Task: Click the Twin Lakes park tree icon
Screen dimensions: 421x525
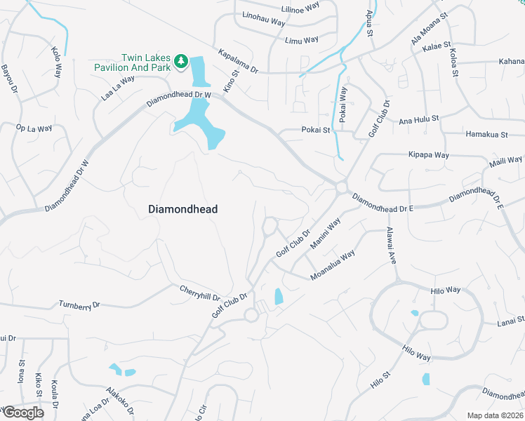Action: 181,62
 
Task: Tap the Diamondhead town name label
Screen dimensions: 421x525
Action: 183,209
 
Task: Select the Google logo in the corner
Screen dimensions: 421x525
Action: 22,413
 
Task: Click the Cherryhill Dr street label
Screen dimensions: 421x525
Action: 200,293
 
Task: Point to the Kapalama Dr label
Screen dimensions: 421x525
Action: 239,62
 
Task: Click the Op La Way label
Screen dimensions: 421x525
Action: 34,128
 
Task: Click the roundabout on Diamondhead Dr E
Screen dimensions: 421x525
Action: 342,187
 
